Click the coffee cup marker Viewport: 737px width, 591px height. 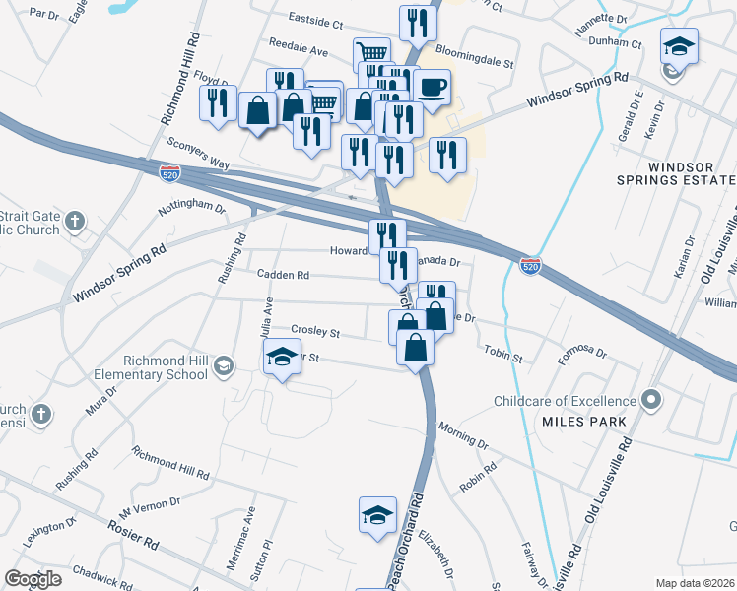432,88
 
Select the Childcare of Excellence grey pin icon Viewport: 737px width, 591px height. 650,400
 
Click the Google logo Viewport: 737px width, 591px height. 33,579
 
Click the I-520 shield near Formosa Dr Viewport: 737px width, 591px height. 530,267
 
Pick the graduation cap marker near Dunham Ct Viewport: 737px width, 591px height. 678,47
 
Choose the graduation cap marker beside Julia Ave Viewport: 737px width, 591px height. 282,358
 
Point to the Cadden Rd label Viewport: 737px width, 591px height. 283,276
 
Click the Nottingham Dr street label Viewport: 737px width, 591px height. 192,209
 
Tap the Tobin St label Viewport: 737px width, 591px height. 502,352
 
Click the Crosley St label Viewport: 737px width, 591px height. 314,331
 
